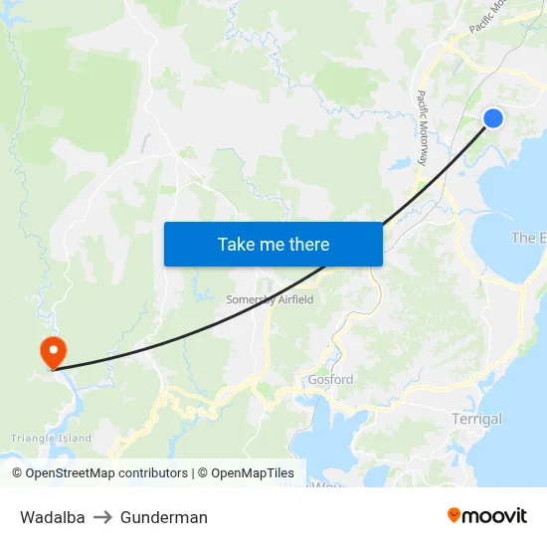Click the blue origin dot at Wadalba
point(493,118)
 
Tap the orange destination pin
point(52,351)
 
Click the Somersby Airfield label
point(271,299)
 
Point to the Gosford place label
point(330,380)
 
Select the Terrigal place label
point(476,419)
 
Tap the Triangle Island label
point(51,438)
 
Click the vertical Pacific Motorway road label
point(423,128)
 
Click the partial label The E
point(528,238)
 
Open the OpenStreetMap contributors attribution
point(106,473)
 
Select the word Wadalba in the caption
point(52,517)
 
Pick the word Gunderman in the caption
point(164,517)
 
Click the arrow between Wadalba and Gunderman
point(102,517)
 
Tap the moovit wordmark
point(495,515)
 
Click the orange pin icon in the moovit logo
point(455,515)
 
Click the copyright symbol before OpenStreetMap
point(18,473)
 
